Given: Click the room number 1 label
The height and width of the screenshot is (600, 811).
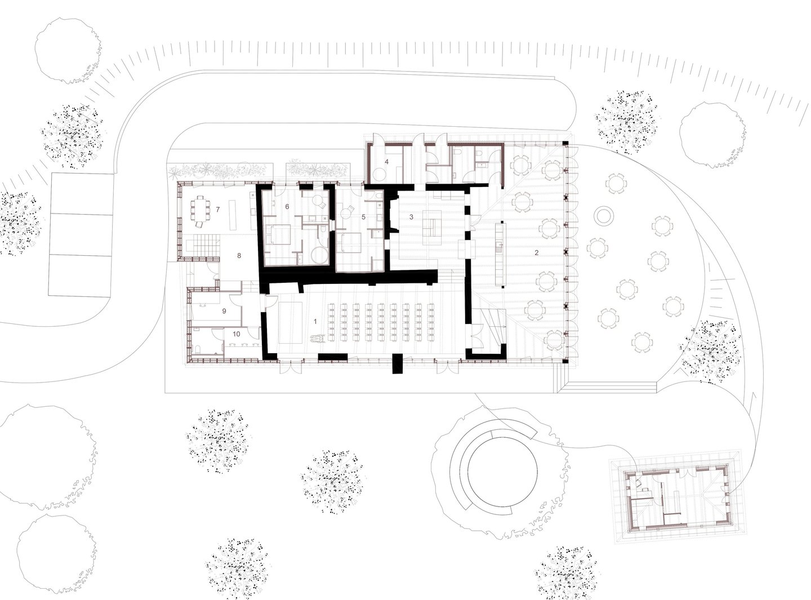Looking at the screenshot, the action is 315,322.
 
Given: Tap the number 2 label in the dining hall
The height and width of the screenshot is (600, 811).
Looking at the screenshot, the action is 536,253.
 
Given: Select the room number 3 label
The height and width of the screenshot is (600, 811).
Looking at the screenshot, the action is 411,217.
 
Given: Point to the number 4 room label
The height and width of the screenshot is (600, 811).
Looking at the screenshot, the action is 386,161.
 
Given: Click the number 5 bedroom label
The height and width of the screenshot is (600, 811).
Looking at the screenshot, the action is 363,217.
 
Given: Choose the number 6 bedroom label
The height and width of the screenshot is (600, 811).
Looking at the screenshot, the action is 287,207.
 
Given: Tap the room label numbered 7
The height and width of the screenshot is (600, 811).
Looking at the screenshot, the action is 218,209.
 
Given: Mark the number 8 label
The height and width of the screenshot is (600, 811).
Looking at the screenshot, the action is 239,256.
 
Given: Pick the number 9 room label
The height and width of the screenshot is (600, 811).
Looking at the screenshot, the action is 224,311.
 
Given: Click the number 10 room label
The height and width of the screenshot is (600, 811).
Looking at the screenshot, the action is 236,334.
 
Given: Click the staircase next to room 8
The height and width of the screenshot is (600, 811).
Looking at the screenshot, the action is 205,246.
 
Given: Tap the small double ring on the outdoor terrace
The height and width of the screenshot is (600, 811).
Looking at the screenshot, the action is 603,215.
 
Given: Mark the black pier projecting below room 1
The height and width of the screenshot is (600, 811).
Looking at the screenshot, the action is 398,363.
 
